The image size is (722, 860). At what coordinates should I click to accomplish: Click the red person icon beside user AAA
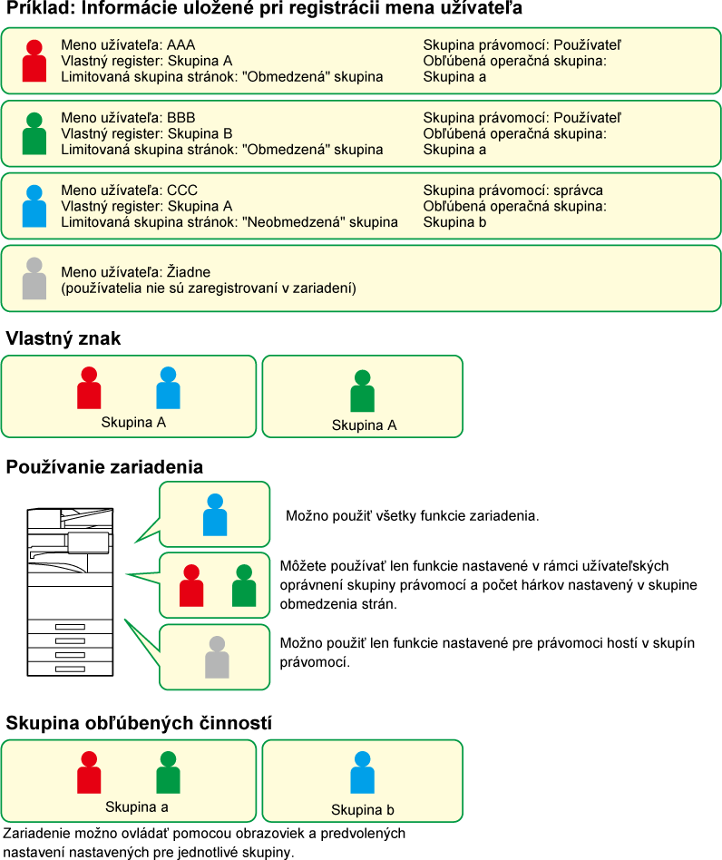pos(34,61)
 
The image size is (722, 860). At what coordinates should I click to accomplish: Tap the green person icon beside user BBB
pos(34,133)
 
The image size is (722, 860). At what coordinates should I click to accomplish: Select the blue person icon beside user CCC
pos(34,206)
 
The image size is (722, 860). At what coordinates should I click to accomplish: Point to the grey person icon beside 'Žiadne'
pos(34,279)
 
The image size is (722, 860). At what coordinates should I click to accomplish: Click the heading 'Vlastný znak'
pos(63,339)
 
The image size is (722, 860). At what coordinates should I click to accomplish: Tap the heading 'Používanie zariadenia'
pos(104,467)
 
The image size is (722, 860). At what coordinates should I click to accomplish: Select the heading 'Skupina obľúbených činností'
pos(139,723)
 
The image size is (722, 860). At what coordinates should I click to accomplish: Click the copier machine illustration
pos(70,591)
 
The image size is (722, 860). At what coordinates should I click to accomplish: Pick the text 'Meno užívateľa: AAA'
pos(128,45)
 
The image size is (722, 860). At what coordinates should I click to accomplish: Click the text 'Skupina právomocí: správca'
pos(512,191)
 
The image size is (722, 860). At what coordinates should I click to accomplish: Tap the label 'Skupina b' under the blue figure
pos(363,809)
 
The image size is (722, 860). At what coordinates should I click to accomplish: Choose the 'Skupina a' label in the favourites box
pos(136,806)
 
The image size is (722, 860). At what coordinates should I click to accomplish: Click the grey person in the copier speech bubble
pos(217,657)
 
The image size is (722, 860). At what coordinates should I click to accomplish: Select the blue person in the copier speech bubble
pos(215,514)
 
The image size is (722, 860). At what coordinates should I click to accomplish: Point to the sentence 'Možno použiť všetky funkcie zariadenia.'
pos(413,516)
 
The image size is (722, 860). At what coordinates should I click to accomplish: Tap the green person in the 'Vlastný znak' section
pos(363,391)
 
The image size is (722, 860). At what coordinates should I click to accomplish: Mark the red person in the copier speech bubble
pos(191,585)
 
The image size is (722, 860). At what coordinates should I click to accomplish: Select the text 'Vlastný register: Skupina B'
pos(146,134)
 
